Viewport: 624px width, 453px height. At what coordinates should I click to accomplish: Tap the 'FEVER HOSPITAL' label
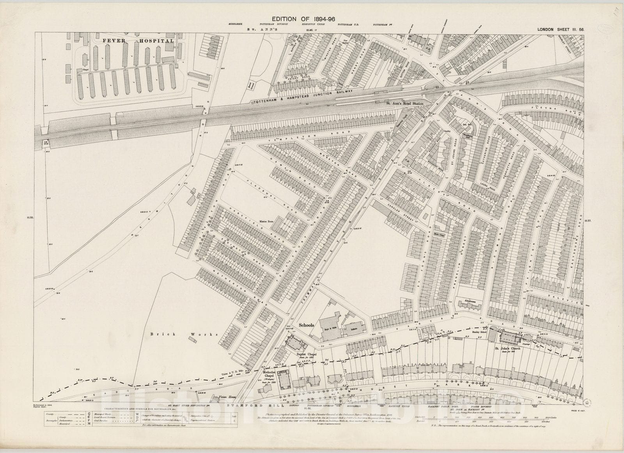coord(138,41)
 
